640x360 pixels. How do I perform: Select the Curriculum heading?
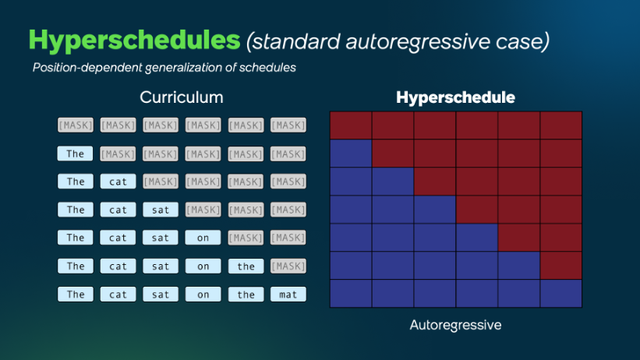click(181, 98)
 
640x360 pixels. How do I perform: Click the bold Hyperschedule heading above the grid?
click(455, 98)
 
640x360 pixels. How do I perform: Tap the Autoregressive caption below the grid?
click(455, 325)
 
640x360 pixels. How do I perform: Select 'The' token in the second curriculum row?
click(76, 154)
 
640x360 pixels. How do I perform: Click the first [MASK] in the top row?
click(76, 126)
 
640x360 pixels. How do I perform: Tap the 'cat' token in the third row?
click(118, 182)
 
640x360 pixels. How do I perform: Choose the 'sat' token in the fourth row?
click(160, 210)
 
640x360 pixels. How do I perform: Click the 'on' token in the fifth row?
click(203, 238)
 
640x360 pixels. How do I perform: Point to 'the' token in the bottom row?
click(245, 294)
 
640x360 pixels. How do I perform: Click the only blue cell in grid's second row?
click(350, 153)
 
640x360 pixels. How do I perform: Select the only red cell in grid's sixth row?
click(561, 265)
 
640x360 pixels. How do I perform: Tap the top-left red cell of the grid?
click(350, 125)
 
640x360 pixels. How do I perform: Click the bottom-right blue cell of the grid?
click(561, 293)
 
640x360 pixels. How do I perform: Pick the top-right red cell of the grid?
click(561, 125)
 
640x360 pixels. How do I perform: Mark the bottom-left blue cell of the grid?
click(350, 293)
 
